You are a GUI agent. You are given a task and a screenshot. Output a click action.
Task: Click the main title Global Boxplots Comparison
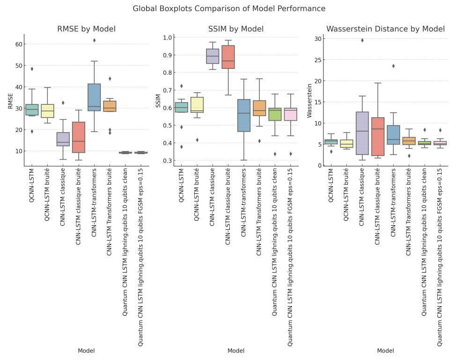click(x=228, y=8)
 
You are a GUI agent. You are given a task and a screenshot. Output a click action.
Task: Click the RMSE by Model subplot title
click(x=87, y=29)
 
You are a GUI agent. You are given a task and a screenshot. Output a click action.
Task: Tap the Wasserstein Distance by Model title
click(x=385, y=29)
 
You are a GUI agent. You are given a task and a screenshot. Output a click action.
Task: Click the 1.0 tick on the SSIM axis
click(x=168, y=37)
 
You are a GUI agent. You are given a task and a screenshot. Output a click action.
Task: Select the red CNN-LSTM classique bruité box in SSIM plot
click(x=228, y=57)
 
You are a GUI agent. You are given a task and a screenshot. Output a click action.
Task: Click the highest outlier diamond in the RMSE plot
click(x=94, y=40)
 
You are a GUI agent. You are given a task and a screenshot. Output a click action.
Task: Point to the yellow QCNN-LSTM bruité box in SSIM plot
click(x=197, y=105)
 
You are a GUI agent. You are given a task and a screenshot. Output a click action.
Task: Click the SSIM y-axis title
click(x=159, y=101)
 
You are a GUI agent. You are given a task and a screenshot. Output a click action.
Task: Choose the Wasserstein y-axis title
click(x=309, y=101)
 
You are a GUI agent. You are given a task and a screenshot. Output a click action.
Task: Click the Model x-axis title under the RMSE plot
click(x=87, y=350)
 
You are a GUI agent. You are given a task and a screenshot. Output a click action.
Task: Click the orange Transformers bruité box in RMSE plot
click(x=110, y=106)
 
